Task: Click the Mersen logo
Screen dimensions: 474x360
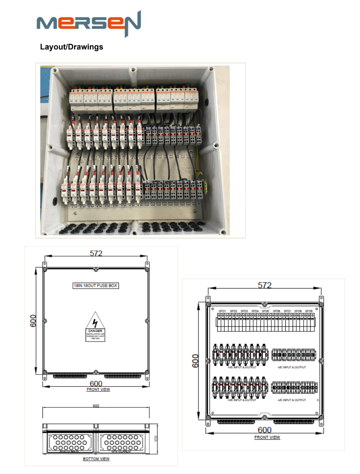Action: (89, 23)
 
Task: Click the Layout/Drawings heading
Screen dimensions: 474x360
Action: (72, 47)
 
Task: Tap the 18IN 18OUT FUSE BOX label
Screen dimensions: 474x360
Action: (95, 286)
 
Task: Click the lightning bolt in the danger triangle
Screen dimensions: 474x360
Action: (95, 323)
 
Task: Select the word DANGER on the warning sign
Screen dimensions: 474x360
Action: (95, 331)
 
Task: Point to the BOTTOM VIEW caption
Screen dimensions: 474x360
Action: (96, 459)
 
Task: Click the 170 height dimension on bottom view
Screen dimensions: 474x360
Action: (155, 438)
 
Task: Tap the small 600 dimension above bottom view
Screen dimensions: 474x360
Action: (96, 406)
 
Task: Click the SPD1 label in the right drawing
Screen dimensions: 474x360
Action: (222, 311)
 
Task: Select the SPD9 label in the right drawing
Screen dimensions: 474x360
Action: (309, 311)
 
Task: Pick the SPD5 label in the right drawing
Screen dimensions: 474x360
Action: (265, 311)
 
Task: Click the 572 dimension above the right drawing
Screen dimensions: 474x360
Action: (265, 285)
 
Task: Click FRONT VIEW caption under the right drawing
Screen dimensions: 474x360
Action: (267, 437)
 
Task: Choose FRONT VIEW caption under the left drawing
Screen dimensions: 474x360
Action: (98, 390)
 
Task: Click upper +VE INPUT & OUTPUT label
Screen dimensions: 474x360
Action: (241, 367)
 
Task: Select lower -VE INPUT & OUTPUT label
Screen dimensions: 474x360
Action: (292, 400)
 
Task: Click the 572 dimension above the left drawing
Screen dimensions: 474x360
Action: (96, 253)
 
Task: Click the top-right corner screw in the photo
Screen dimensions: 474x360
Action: (211, 69)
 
